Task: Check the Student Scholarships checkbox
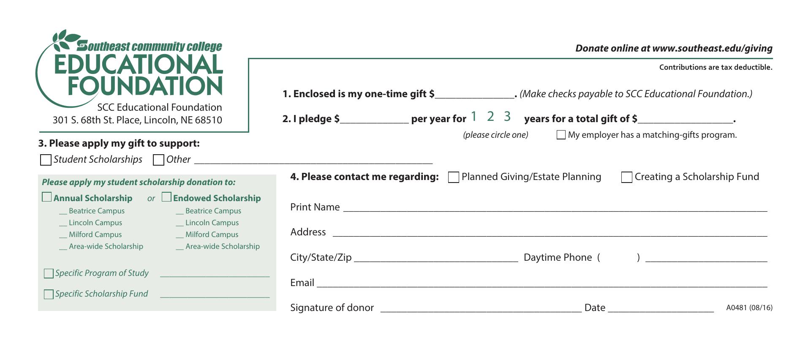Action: point(46,160)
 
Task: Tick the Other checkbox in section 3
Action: point(158,160)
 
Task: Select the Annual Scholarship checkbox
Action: point(47,197)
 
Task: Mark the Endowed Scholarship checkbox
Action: point(166,197)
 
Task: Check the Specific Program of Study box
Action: point(49,273)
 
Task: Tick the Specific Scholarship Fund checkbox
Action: point(49,294)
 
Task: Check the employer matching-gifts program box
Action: point(561,135)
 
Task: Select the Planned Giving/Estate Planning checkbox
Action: point(453,177)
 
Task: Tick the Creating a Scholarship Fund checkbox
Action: point(626,177)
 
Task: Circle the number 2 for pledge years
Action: point(490,116)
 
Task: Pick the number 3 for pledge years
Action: point(507,116)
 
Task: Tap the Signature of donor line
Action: point(481,308)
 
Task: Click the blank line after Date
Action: point(661,308)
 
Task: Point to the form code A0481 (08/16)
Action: point(749,308)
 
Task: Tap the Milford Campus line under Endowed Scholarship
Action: point(180,235)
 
